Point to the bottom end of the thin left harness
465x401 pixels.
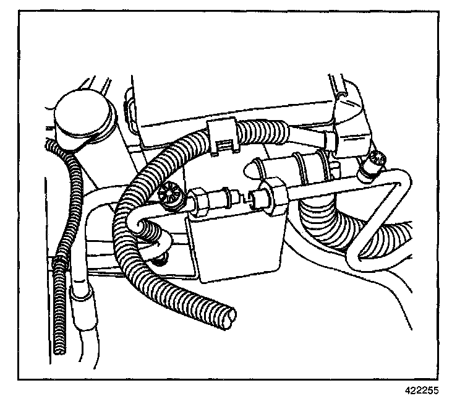[59, 350]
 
